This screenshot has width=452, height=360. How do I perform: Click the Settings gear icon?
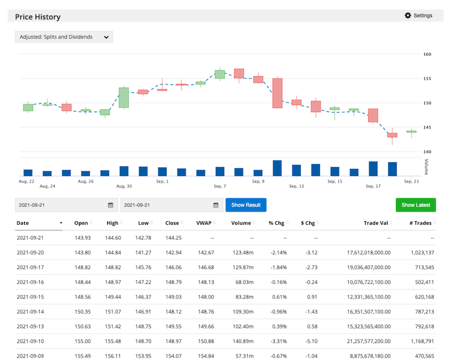(407, 16)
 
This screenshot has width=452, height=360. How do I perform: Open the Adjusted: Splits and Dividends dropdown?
(63, 37)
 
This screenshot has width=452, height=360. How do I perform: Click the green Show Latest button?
(415, 205)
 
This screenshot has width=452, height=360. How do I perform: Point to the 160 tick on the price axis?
(427, 54)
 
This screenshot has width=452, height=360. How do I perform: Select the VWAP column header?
(203, 223)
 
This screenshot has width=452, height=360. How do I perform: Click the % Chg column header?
(276, 223)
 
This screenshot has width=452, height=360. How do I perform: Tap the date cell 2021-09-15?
(31, 297)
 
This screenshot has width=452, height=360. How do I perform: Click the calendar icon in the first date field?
(110, 205)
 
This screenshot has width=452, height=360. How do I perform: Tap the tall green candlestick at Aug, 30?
(124, 98)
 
